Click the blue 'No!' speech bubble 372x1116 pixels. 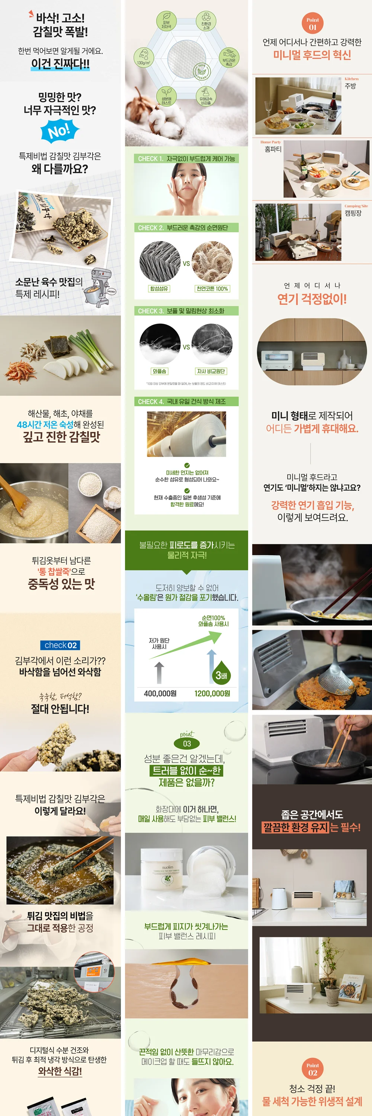(x=60, y=131)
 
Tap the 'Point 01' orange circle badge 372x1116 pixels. (x=312, y=23)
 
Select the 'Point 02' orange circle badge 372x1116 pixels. (x=312, y=1069)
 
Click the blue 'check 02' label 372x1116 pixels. (x=60, y=645)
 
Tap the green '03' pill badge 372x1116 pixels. (x=187, y=743)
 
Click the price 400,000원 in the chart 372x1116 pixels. (x=160, y=693)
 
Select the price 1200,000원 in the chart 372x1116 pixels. (x=212, y=693)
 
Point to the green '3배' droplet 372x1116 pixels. (x=222, y=674)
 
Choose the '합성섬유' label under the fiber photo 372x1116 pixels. (x=159, y=289)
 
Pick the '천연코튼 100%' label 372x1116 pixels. (x=212, y=289)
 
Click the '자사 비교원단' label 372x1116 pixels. (x=211, y=371)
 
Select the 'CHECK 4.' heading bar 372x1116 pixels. (x=186, y=402)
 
